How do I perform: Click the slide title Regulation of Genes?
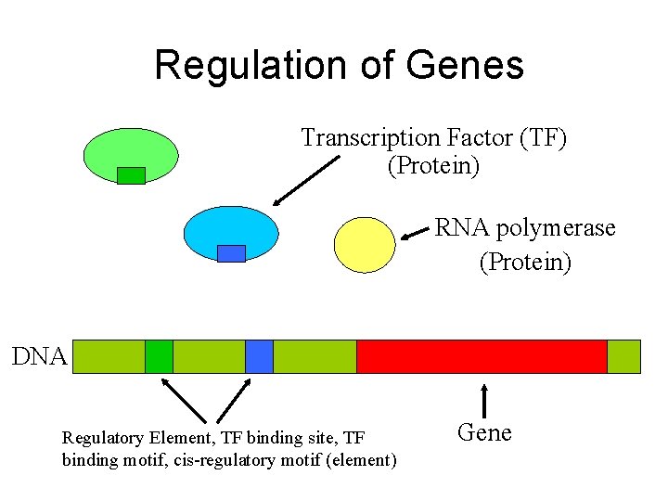coord(339,65)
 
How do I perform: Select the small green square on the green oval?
coord(131,175)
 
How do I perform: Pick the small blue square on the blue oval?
coord(231,253)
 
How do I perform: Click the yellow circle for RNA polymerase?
coord(365,245)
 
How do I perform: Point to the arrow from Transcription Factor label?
coord(306,180)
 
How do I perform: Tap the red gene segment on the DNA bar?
coord(482,356)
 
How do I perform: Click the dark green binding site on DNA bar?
coord(159,356)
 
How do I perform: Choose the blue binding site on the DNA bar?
coord(259,356)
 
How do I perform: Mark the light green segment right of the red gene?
coord(623,356)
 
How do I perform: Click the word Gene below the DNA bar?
coord(484,433)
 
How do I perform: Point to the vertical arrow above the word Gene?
coord(483,401)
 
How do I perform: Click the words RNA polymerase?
coord(525,228)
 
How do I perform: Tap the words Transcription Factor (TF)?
coord(433,138)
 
